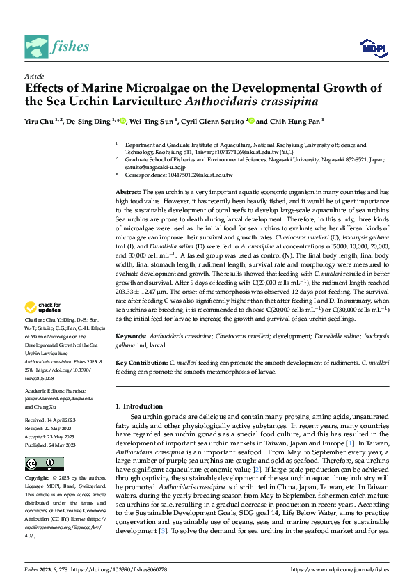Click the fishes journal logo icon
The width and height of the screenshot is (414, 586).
(x=35, y=47)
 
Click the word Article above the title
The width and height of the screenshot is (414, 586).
(x=34, y=76)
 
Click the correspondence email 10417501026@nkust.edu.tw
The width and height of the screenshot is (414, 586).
(x=196, y=175)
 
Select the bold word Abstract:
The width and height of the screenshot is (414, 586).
(x=129, y=191)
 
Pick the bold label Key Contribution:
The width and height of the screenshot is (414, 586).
(x=141, y=363)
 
